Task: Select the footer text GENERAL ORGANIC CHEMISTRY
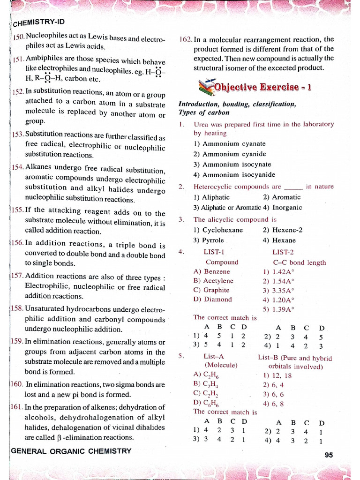[x=71, y=451]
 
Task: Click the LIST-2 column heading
[x=283, y=252]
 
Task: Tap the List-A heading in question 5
[x=213, y=357]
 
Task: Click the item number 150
[x=18, y=37]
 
